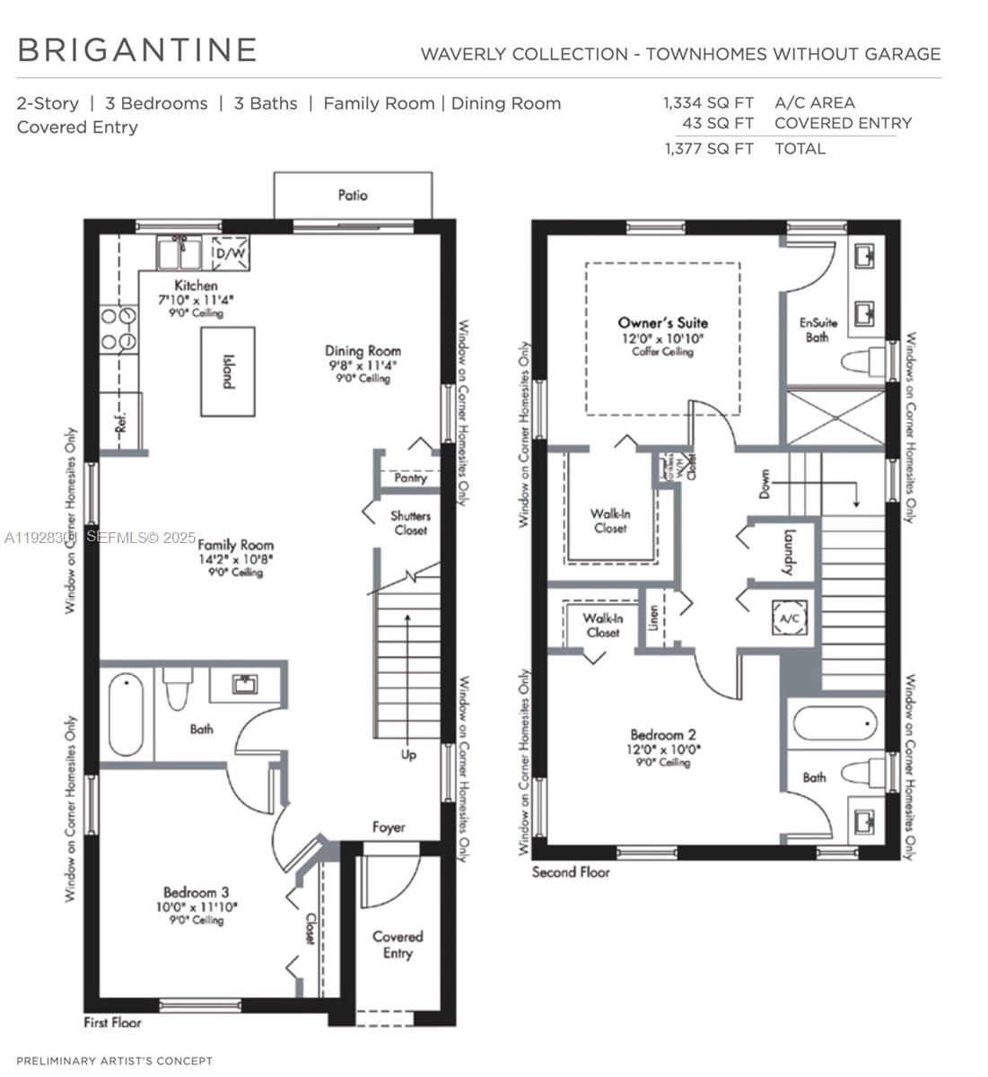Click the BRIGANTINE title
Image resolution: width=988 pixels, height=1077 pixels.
(137, 50)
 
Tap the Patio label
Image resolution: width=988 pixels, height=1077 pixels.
(353, 195)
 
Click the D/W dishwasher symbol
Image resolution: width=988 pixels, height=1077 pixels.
(230, 254)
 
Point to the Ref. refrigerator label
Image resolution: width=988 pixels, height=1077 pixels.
(122, 422)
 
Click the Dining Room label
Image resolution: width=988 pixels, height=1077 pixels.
(363, 351)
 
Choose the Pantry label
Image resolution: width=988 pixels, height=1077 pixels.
(410, 478)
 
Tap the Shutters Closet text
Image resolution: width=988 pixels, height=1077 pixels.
(410, 522)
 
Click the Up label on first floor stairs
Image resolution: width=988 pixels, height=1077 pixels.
(408, 755)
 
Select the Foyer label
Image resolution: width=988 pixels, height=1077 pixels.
(389, 827)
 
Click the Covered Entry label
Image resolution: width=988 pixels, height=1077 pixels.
(398, 944)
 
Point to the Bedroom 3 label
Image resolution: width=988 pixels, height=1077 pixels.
(196, 892)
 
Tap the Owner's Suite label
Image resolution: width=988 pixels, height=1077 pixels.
(662, 322)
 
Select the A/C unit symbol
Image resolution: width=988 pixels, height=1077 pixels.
(791, 619)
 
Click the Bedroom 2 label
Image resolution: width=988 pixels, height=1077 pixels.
(662, 733)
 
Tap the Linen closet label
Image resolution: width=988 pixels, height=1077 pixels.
(654, 618)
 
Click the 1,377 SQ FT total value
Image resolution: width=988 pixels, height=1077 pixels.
(709, 149)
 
